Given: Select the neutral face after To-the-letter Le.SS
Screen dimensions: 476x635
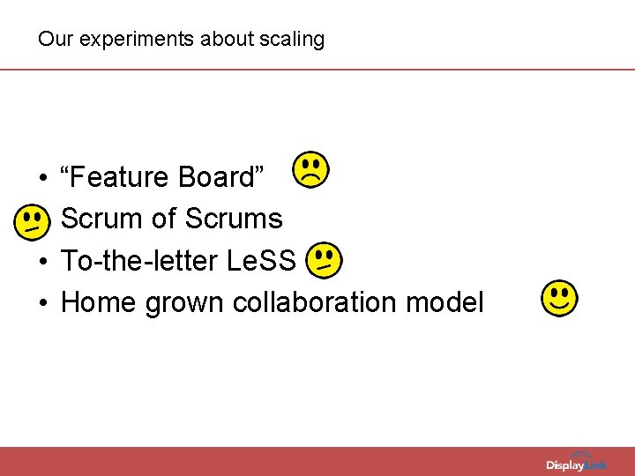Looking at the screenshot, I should point(324,259).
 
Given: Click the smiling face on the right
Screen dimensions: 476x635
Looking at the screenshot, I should point(560,299).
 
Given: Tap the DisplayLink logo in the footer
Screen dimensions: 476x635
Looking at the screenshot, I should point(576,464).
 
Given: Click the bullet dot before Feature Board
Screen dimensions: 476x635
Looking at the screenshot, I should point(43,179).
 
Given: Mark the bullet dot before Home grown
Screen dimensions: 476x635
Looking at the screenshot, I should point(43,304).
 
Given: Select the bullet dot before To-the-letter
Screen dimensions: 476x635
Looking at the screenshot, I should point(43,263).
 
